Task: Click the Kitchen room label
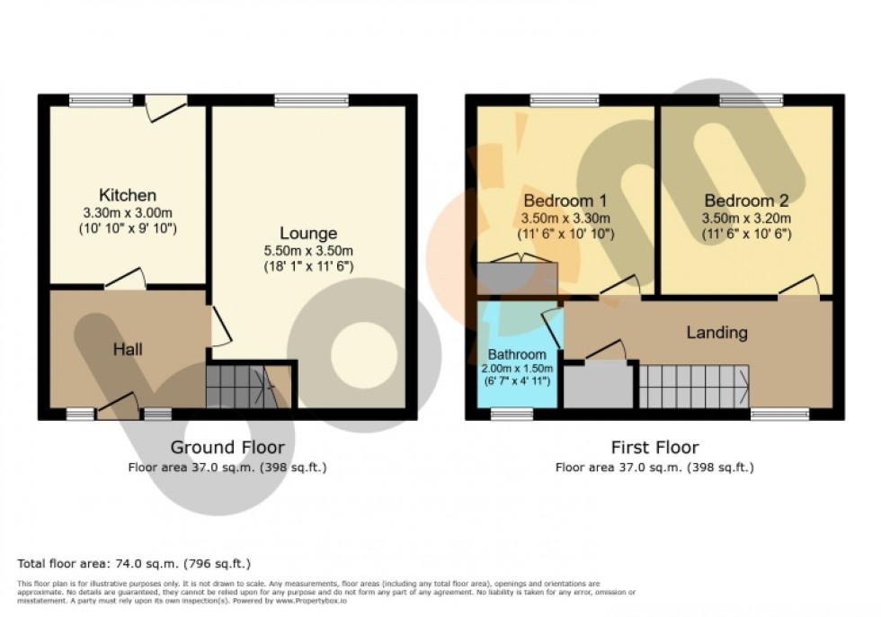(128, 195)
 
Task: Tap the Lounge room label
(307, 234)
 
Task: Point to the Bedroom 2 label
(746, 201)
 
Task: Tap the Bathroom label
(517, 354)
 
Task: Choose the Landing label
(716, 333)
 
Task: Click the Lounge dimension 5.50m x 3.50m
(307, 251)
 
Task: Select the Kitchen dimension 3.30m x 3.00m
(128, 213)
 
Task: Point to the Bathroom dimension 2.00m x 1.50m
(517, 369)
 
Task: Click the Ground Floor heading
(227, 447)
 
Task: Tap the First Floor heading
(654, 447)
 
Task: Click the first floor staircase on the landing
(693, 385)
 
